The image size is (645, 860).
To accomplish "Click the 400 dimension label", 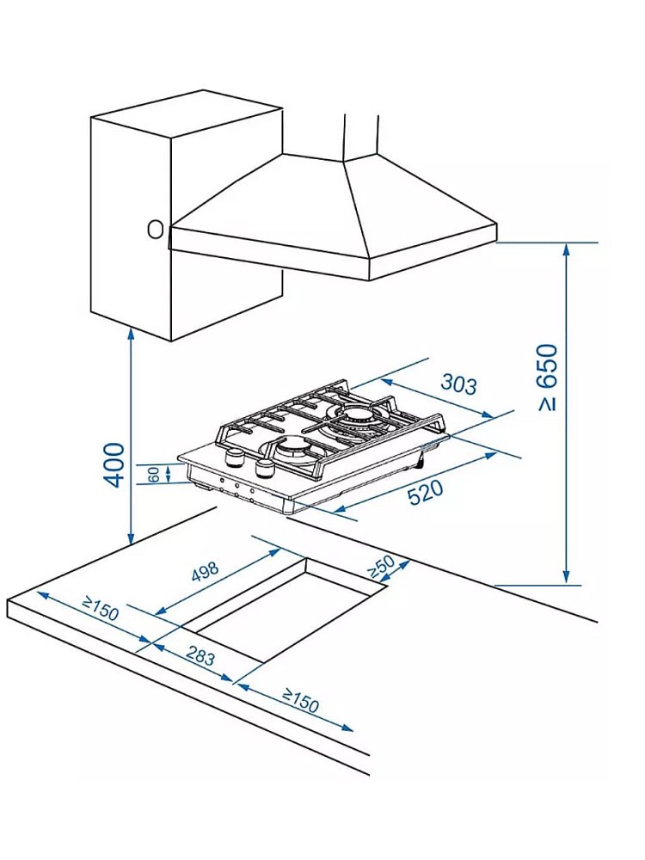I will click(114, 465).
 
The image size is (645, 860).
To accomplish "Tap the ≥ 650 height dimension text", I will click(548, 378).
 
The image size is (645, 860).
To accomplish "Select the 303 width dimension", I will click(458, 384).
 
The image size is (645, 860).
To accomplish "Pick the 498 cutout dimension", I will click(205, 575).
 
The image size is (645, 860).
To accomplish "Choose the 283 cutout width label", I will click(200, 658).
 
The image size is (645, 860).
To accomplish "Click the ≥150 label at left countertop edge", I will click(100, 611).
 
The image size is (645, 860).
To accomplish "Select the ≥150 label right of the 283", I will click(300, 703).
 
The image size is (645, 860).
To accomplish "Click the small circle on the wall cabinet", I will click(155, 229).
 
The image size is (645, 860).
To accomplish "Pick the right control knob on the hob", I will click(264, 467).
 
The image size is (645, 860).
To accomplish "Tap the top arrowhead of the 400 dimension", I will click(130, 334).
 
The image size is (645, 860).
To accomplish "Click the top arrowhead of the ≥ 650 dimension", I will click(566, 249).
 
